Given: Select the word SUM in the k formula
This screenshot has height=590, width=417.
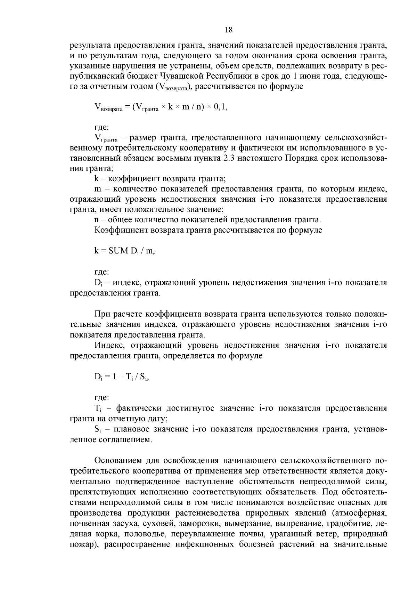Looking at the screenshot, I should (x=118, y=251).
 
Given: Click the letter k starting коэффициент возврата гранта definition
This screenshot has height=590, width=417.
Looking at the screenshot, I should (x=97, y=179).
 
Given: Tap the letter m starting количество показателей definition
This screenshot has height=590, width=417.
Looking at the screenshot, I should (x=98, y=189).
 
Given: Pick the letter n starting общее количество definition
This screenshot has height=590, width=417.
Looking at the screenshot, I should (x=97, y=220).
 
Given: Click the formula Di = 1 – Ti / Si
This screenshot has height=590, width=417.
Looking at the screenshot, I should (x=122, y=377).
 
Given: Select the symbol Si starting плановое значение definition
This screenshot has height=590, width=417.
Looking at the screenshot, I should (x=97, y=430).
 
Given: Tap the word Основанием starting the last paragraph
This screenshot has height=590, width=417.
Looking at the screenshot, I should (x=118, y=461).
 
